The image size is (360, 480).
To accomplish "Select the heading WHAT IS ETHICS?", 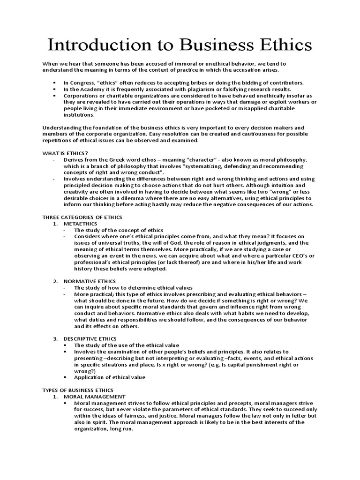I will [x=65, y=152].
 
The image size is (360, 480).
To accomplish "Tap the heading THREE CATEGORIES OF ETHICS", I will [x=82, y=217].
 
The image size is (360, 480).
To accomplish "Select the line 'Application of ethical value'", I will [x=110, y=377].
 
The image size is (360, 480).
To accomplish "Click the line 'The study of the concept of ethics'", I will [x=119, y=230].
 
